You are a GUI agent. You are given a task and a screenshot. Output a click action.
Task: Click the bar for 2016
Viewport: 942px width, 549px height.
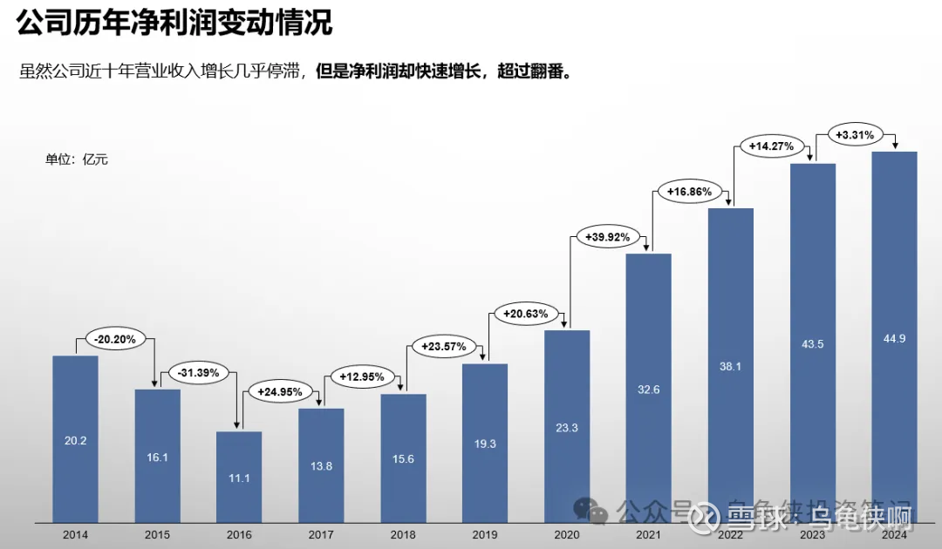[x=239, y=477]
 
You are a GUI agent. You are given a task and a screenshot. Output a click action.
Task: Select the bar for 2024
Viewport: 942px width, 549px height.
[x=894, y=337]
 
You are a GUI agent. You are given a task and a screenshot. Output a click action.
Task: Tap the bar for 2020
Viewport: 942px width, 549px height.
[x=567, y=426]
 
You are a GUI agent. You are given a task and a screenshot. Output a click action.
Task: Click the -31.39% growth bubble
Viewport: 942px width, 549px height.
[x=199, y=373]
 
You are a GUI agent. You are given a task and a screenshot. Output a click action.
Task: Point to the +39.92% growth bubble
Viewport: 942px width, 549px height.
[x=609, y=236]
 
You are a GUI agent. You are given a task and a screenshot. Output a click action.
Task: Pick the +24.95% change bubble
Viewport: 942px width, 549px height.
[x=280, y=392]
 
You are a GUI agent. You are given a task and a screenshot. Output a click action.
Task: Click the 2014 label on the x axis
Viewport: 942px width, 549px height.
[x=75, y=534]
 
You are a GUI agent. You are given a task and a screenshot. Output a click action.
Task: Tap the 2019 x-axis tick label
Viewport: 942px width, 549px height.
[x=485, y=534]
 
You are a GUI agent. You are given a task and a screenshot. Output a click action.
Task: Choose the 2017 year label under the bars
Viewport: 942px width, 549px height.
[x=321, y=534]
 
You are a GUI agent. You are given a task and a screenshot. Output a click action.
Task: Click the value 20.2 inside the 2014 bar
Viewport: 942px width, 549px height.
[x=75, y=441]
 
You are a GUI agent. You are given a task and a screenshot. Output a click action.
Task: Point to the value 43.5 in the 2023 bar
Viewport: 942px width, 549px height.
[x=813, y=344]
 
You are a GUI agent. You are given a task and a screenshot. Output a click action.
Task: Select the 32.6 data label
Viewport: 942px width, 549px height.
[x=649, y=390]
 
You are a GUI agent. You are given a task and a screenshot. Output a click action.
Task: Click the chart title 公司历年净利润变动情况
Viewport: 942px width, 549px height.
[x=174, y=24]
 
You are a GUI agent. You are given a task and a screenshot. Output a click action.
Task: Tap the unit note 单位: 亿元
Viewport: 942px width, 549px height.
[x=77, y=159]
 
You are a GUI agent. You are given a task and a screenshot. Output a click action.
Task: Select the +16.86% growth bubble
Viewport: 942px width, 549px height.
[x=690, y=191]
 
